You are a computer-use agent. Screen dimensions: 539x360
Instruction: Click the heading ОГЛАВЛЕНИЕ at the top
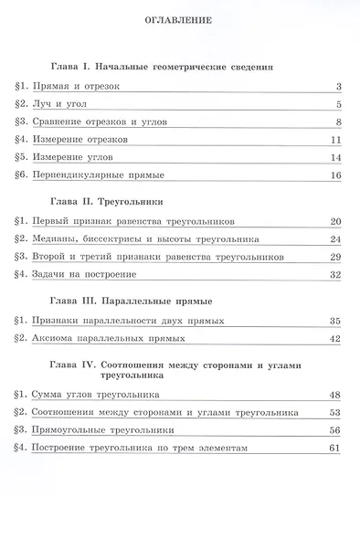coord(179,19)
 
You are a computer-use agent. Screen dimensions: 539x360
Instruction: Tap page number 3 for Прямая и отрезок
coord(338,88)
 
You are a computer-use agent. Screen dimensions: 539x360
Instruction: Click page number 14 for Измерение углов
coord(335,157)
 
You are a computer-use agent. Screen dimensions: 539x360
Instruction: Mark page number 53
coord(334,413)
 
